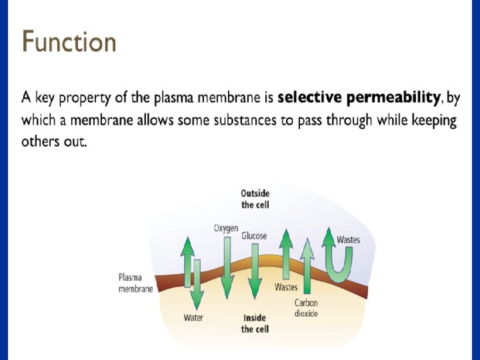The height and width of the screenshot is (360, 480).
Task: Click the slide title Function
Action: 69,42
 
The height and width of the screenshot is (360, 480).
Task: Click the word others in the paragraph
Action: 38,143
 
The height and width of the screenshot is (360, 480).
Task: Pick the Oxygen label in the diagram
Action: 226,228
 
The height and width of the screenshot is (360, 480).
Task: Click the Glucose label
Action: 254,235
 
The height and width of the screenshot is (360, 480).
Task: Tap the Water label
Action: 193,318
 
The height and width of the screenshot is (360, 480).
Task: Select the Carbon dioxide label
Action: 307,308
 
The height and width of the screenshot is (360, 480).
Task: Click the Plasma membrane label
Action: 135,283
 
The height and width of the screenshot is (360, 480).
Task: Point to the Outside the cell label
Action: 255,199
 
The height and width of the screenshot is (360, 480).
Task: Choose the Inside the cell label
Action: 255,323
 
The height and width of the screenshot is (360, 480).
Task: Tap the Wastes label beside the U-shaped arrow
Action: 349,239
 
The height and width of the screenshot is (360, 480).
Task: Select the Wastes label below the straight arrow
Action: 286,287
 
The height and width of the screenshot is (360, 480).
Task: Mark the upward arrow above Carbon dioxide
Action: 307,267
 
